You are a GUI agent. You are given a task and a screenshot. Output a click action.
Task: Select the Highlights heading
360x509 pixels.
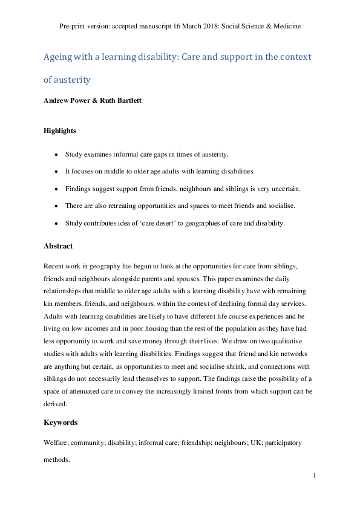tap(60, 130)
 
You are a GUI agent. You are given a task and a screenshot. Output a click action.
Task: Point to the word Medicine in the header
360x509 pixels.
tap(286, 27)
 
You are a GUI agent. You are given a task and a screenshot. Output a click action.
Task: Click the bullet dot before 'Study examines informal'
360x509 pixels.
tap(56, 155)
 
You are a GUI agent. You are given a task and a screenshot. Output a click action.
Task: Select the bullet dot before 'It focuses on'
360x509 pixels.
tap(56, 172)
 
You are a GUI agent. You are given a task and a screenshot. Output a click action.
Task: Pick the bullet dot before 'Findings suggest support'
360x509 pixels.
tap(56, 189)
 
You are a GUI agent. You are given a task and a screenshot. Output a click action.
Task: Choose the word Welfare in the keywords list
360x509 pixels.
tap(57, 443)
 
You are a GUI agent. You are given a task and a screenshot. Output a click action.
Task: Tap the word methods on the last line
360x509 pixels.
tap(57, 460)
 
